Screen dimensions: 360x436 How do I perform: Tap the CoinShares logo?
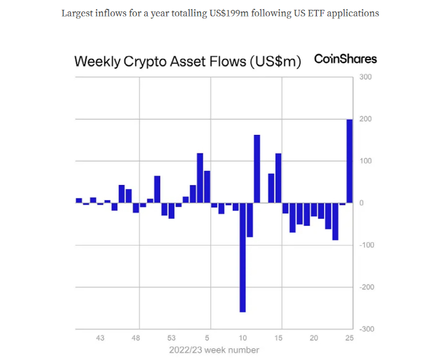(x=345, y=59)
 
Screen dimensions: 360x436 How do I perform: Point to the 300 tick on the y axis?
(x=366, y=77)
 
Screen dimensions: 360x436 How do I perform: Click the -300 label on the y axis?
(x=365, y=329)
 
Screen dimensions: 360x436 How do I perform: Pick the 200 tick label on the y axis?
(x=366, y=119)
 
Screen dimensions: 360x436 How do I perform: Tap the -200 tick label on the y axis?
(x=365, y=287)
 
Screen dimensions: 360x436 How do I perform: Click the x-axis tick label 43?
(x=100, y=338)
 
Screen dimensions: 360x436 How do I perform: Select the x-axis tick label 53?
(x=171, y=338)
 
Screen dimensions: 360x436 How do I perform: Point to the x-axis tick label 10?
(x=243, y=338)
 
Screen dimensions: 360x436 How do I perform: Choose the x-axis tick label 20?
(x=314, y=338)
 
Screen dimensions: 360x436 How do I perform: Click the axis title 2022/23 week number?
(x=214, y=350)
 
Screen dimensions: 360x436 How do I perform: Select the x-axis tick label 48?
(x=136, y=338)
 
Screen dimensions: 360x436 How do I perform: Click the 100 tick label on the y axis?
(x=366, y=161)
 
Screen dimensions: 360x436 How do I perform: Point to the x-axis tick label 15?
(x=278, y=338)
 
